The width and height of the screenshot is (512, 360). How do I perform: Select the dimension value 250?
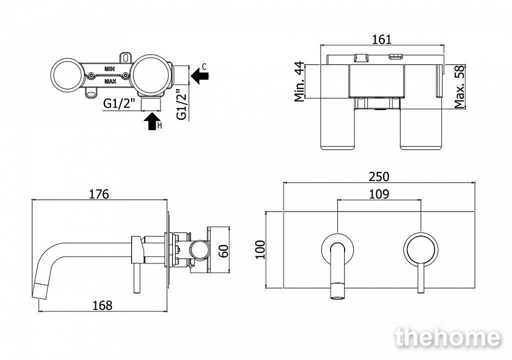point(379,176)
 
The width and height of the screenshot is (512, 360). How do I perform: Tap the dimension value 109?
point(379,194)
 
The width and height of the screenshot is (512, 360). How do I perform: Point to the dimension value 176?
point(99,194)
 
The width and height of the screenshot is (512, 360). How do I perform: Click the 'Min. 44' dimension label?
point(300,82)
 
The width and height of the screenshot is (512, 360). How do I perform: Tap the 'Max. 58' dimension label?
point(459,87)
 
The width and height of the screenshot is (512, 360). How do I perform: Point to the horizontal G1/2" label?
point(119,104)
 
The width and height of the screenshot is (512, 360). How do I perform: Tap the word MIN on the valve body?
point(110,68)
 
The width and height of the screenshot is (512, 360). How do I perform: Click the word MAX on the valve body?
point(110,81)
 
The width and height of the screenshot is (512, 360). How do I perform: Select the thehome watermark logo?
point(448,337)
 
